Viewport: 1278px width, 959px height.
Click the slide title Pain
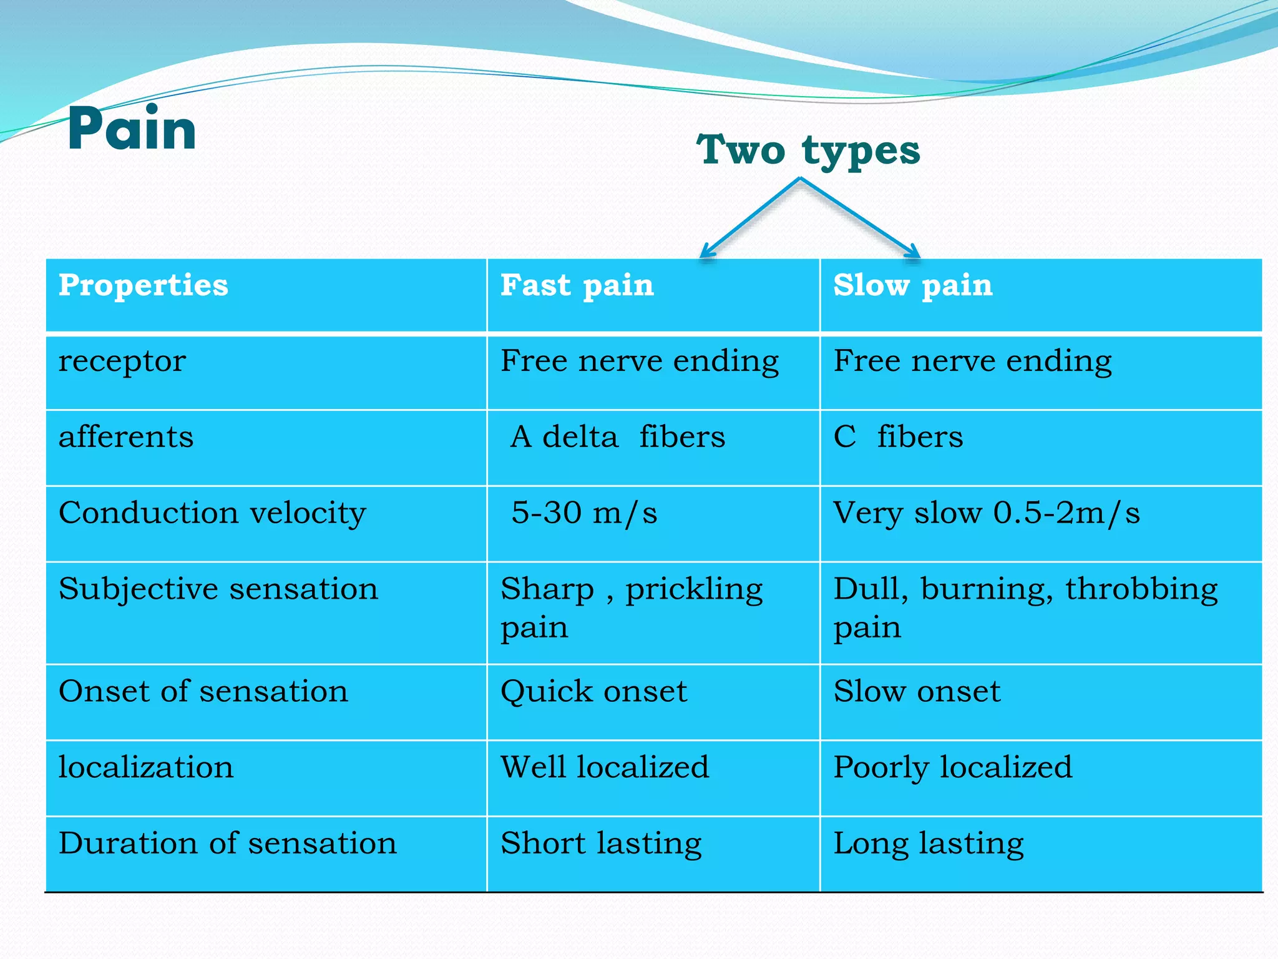click(132, 129)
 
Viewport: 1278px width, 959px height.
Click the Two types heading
click(808, 151)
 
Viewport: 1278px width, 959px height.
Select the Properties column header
click(144, 285)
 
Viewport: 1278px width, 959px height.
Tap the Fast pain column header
click(577, 285)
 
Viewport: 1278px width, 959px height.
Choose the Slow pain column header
click(913, 285)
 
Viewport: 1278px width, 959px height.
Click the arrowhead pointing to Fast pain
click(706, 252)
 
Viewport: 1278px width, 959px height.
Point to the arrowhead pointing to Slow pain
click(914, 252)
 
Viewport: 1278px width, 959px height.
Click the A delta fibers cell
click(618, 437)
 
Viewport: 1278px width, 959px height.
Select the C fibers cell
click(898, 437)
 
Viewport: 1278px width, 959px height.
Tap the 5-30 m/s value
click(584, 513)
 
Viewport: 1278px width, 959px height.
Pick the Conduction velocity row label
click(212, 513)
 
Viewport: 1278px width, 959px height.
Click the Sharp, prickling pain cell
click(632, 607)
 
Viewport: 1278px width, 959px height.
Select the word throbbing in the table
click(1141, 589)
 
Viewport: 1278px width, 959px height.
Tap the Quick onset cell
click(593, 692)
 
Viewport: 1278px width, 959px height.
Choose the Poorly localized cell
click(953, 767)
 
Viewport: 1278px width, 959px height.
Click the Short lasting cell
click(601, 843)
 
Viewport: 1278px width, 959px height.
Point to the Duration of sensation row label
click(227, 843)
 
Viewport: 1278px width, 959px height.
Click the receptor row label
click(122, 361)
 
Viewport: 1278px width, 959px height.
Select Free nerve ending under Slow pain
click(973, 361)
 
